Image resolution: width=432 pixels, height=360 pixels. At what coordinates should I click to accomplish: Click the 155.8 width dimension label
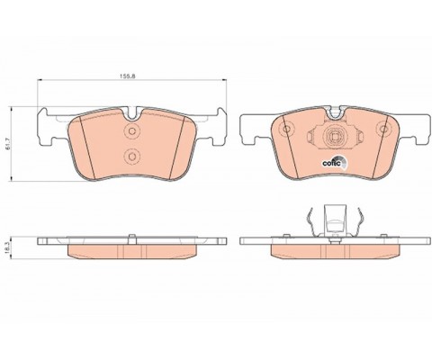coord(128,76)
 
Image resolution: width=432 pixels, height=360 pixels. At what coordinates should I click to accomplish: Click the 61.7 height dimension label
coord(8,144)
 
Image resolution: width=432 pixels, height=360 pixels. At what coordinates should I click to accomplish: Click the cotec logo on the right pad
coord(334,162)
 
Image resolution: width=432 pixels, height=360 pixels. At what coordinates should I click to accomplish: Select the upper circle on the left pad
coord(131,130)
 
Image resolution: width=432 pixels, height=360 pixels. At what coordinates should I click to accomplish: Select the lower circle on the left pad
coord(131,156)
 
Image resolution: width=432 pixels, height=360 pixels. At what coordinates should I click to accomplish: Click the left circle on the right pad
coord(287,129)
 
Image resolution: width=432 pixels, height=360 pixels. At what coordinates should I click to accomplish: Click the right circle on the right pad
coord(383,129)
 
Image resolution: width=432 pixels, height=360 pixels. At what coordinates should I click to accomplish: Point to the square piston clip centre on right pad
coord(335,137)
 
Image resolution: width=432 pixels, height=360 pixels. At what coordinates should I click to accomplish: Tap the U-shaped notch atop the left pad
coord(132,113)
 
